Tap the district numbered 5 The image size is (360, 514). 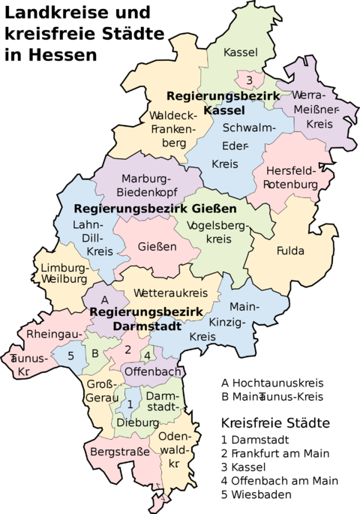[x=71, y=356]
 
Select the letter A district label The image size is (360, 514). [x=105, y=300]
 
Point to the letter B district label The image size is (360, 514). [x=94, y=353]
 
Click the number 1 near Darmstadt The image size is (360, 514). [x=130, y=404]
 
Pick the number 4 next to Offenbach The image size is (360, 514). [x=148, y=355]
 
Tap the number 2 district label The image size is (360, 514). [x=127, y=349]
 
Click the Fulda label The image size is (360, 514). [x=290, y=251]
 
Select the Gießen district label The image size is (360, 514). [x=157, y=246]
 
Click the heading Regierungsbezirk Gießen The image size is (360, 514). [x=155, y=208]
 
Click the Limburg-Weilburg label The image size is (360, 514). [x=64, y=275]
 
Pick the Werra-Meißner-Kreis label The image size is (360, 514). [x=314, y=110]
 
